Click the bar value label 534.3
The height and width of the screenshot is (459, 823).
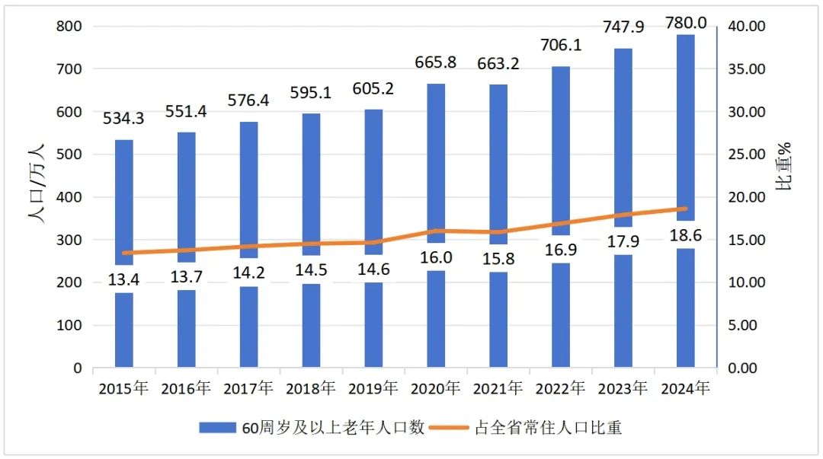(x=124, y=120)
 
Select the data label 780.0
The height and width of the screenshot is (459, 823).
(x=685, y=14)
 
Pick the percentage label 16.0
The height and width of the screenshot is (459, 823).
(x=436, y=257)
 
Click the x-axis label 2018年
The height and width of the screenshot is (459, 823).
(x=311, y=388)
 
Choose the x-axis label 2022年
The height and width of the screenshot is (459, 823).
(x=560, y=388)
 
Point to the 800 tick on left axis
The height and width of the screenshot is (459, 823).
(x=69, y=27)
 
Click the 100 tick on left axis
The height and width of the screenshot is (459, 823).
(x=69, y=326)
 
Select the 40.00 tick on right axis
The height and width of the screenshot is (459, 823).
(x=745, y=27)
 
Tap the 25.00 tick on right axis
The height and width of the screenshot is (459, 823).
(x=745, y=155)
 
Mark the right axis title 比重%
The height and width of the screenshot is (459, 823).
(x=785, y=166)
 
